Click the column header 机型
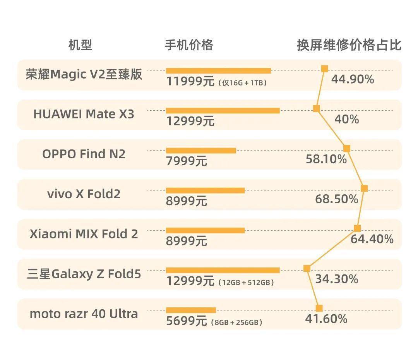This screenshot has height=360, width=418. (80, 45)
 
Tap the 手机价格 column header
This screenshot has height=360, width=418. (189, 45)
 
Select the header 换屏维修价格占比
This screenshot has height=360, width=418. (349, 45)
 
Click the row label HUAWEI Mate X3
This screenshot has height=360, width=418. (84, 114)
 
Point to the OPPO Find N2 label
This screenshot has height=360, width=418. (84, 154)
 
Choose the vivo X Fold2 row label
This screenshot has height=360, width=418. (84, 194)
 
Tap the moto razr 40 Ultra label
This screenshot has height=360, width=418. (84, 314)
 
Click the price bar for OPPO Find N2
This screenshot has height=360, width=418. (201, 151)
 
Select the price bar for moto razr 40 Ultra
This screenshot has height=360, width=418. (191, 310)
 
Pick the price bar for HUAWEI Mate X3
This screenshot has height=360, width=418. (223, 111)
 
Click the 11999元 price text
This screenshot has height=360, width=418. (190, 82)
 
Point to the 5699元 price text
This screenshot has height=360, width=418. (187, 321)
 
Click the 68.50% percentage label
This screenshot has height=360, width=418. (336, 199)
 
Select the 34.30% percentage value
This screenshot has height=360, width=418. (336, 279)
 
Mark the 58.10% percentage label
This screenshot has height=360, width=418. (326, 159)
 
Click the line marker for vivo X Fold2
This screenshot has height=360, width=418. (364, 189)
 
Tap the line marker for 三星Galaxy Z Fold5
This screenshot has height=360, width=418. (307, 268)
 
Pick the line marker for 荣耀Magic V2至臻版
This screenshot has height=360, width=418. (325, 69)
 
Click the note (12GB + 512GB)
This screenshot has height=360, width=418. (247, 283)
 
